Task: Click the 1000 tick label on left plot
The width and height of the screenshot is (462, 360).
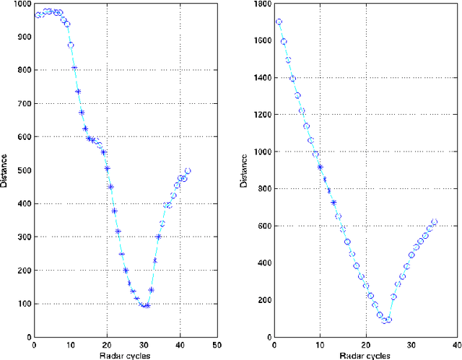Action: [16, 4]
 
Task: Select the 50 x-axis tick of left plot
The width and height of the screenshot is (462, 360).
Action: [217, 344]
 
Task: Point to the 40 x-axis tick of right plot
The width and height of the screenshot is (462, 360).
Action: [456, 344]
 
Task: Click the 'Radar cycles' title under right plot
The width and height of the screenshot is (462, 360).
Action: [367, 354]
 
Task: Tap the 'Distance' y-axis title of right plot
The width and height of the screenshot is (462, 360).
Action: [247, 170]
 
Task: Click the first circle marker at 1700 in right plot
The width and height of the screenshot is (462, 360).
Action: [279, 22]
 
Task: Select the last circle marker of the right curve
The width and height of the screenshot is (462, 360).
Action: [435, 222]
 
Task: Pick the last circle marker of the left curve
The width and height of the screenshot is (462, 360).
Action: [188, 171]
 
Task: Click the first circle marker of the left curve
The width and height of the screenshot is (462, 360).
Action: [38, 14]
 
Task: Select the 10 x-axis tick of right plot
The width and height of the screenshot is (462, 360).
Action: [321, 344]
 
